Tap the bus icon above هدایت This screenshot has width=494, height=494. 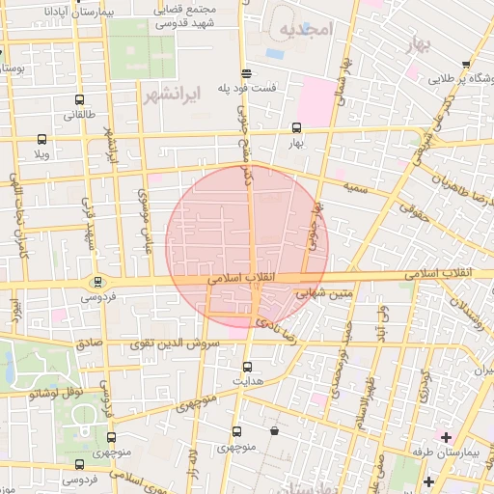[x=248, y=366]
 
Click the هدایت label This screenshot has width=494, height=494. [x=248, y=381]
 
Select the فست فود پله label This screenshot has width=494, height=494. [x=247, y=87]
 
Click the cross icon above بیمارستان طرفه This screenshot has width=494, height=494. [x=446, y=437]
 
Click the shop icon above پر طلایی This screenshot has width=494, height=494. [x=466, y=65]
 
